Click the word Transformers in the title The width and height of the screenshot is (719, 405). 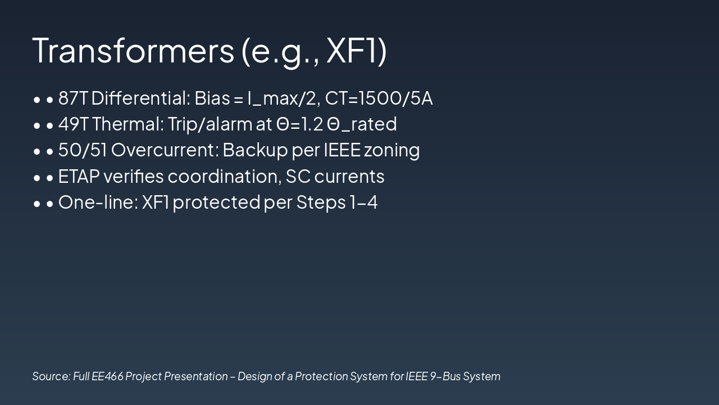(x=133, y=50)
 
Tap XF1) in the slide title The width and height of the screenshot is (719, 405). (x=356, y=50)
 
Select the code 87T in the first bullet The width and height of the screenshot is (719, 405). (x=73, y=98)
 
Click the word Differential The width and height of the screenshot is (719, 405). (x=140, y=98)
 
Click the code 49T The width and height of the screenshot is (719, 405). (x=73, y=124)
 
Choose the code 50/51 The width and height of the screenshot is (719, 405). (x=83, y=150)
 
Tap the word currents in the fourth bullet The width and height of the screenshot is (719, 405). (x=349, y=177)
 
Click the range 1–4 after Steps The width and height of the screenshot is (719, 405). (x=363, y=202)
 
